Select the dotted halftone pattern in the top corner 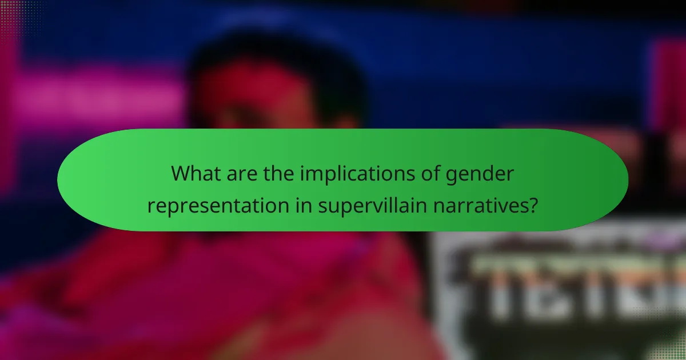click(x=17, y=14)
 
